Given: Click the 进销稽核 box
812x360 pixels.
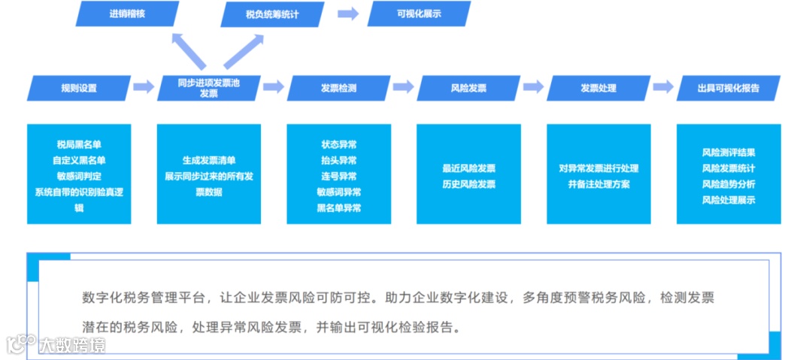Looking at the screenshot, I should coord(128,14).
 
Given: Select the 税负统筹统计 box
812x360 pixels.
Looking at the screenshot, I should coord(271,14).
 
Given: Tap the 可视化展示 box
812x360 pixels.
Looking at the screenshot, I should coord(418,14).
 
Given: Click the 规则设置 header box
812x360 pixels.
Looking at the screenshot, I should coord(79,88).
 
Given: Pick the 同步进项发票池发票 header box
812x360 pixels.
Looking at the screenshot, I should coord(208,88).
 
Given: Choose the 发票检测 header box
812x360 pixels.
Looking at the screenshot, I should coord(338,88).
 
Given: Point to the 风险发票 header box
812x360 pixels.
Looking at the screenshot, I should coord(468,88).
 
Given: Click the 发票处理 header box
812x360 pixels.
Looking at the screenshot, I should coord(598,88).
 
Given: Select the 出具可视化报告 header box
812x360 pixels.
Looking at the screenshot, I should coord(728,88).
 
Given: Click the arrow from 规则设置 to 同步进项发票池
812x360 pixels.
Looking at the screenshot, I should coord(144,87).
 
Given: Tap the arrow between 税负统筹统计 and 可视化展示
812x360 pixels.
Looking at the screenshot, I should coord(347,14).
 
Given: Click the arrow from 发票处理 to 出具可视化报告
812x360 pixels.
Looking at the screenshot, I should coord(663,87).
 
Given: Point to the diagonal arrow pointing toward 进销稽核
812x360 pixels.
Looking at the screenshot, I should coord(189,50).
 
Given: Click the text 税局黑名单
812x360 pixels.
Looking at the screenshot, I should coord(79,144).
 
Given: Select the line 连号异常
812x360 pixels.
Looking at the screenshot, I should coord(338,177).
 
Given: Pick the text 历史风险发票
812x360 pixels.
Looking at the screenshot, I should coord(468,184).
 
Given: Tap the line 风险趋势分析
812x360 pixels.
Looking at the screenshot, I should coord(729,184).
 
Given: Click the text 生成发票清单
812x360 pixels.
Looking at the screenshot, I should coord(209,161).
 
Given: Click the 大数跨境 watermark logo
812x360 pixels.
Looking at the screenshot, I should coord(57,345).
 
